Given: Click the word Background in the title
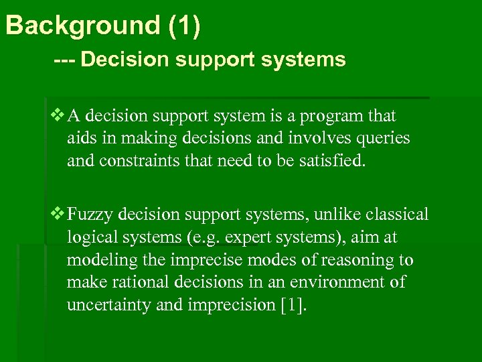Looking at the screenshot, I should pos(80,25).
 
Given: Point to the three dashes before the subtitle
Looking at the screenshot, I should pos(64,60).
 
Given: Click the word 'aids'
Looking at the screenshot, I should pos(80,138).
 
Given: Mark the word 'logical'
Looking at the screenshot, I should pos(89,237).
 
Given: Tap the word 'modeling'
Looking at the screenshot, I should pos(96,260).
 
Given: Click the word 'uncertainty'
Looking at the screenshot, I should pos(109,304).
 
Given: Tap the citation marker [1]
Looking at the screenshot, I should pos(291,304).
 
